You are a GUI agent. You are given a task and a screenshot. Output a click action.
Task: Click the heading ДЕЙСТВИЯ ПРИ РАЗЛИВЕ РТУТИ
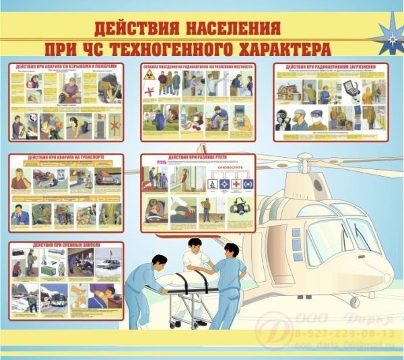199,158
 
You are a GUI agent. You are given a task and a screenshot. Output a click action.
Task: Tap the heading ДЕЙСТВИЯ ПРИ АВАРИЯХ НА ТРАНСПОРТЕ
66,158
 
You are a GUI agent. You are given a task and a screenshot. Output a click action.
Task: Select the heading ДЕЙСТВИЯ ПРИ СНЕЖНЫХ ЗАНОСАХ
66,246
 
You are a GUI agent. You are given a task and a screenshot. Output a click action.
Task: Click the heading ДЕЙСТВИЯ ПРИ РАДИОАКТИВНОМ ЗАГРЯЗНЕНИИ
333,67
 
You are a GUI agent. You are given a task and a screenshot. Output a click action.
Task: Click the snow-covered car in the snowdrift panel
108,263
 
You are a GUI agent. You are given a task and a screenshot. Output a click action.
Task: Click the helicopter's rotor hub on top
316,162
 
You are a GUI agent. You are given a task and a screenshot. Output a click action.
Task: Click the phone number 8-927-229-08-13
360,333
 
